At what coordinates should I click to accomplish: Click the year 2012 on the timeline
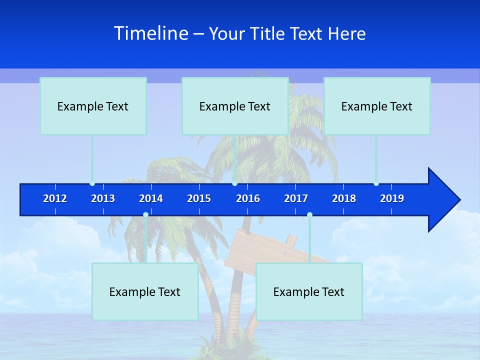pos(55,198)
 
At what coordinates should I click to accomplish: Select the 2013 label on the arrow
pos(103,198)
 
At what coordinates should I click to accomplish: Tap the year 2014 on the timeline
pos(151,198)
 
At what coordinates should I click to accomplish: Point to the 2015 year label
pos(199,198)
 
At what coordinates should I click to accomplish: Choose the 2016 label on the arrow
pos(248,198)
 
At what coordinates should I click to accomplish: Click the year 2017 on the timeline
pos(296,198)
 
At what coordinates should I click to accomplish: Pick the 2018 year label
pos(344,198)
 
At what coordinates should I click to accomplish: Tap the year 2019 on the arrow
pos(392,198)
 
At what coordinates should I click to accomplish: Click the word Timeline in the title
pos(151,33)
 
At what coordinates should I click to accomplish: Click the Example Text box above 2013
pos(93,106)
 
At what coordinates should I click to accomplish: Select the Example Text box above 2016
pos(235,106)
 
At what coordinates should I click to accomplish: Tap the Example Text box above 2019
pos(377,106)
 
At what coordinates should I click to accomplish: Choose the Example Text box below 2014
pos(145,291)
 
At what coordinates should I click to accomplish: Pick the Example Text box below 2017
pos(309,291)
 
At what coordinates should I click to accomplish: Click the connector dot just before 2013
pos(92,183)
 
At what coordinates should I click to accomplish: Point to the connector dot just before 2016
pos(234,183)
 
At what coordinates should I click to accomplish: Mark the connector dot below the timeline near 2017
pos(309,215)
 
